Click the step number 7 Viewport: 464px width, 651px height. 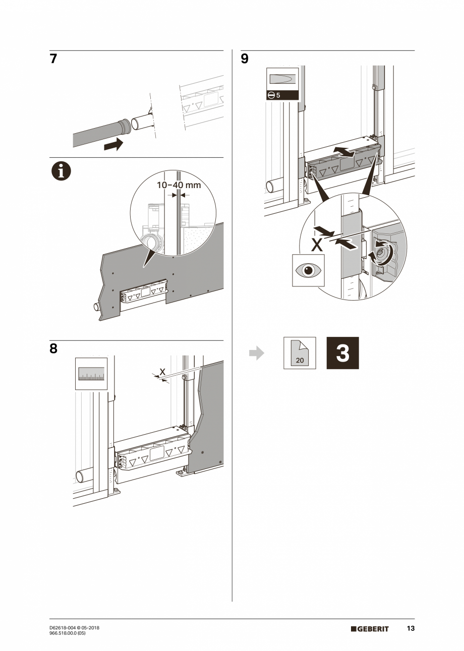[53, 59]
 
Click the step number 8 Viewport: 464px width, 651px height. [53, 349]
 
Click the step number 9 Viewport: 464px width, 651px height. [245, 59]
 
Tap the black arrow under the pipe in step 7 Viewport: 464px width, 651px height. [113, 144]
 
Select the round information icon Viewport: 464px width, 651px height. [61, 171]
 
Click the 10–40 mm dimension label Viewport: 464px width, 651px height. [179, 185]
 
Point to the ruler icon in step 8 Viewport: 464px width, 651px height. [91, 374]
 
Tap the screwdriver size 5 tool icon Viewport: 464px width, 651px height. [282, 84]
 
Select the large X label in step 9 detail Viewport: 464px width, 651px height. [316, 245]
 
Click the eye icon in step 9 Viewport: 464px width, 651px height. [309, 270]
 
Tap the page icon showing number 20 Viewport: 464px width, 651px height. [300, 353]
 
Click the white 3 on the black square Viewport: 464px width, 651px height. [342, 353]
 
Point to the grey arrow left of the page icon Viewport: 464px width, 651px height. [257, 353]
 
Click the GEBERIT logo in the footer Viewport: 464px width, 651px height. [370, 629]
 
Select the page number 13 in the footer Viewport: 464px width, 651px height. [411, 628]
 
